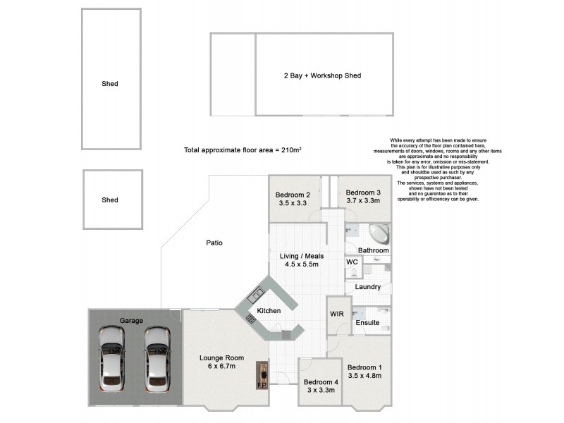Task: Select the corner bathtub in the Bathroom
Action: click(378, 233)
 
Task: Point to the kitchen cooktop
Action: click(250, 319)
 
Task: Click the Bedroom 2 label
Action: click(293, 195)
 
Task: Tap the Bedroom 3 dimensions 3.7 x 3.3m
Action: click(363, 202)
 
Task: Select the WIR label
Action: click(336, 314)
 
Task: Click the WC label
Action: click(352, 262)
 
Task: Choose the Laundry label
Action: click(368, 287)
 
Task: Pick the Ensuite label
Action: click(367, 323)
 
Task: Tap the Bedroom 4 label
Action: click(321, 382)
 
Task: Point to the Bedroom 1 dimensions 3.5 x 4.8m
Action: click(364, 376)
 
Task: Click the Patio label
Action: click(214, 243)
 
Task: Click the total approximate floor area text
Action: click(243, 150)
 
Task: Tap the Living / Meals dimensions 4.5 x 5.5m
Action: click(301, 264)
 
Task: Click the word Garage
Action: click(131, 320)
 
